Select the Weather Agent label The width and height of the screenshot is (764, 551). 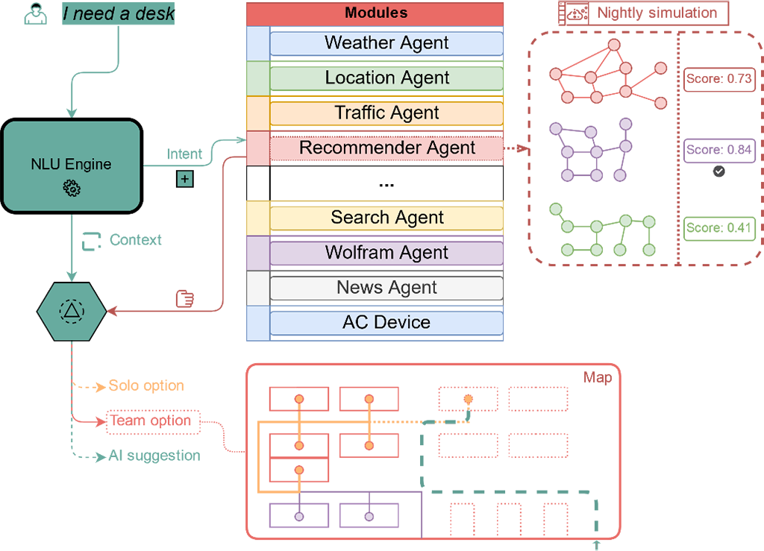(x=386, y=42)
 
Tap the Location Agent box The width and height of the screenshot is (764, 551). (x=386, y=78)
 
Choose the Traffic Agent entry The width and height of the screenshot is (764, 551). (x=386, y=113)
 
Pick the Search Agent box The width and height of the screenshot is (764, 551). (x=386, y=218)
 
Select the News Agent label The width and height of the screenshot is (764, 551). (x=386, y=288)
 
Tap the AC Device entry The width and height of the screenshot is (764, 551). (x=386, y=323)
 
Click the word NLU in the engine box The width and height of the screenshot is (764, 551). (x=45, y=165)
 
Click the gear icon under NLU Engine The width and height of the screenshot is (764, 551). (x=72, y=189)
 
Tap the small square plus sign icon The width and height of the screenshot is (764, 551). (x=184, y=179)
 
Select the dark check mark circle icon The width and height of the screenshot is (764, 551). (x=718, y=171)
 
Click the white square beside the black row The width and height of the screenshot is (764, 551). (x=257, y=183)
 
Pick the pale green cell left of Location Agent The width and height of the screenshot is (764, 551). (x=257, y=78)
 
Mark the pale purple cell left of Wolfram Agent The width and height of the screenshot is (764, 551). (x=257, y=253)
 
